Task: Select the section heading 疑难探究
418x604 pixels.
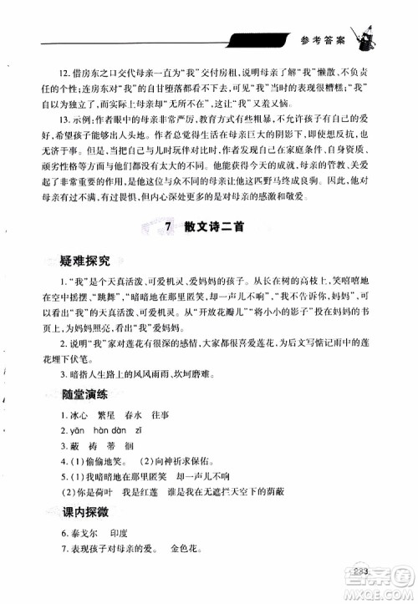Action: (69, 261)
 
